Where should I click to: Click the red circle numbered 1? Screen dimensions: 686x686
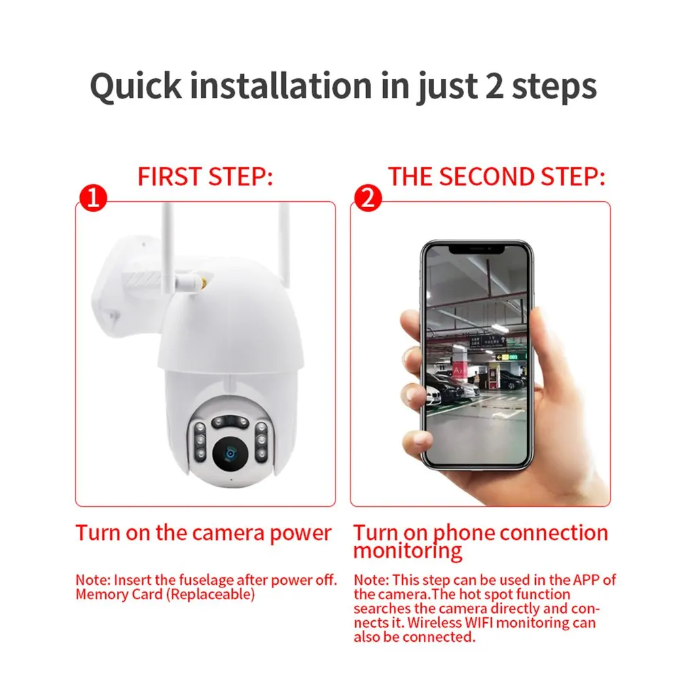pyautogui.click(x=93, y=198)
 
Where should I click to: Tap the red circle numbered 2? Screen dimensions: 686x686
pyautogui.click(x=368, y=198)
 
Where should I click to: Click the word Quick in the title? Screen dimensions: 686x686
pyautogui.click(x=136, y=87)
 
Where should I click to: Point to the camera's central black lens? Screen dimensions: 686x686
pyautogui.click(x=230, y=454)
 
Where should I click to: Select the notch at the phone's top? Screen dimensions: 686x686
pyautogui.click(x=477, y=249)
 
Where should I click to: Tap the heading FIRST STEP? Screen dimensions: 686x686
pyautogui.click(x=205, y=177)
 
